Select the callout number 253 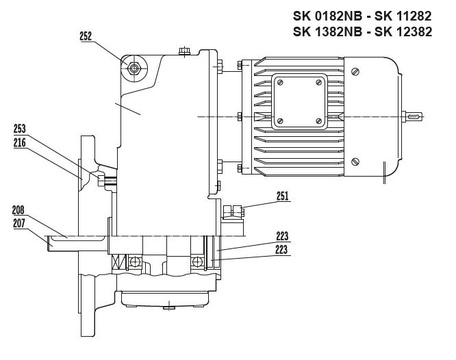click(x=19, y=128)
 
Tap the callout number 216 click(x=19, y=142)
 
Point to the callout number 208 click(x=19, y=210)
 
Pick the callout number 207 click(x=19, y=223)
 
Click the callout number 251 click(x=282, y=196)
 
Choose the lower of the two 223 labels click(x=282, y=250)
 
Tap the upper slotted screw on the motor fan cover click(x=355, y=72)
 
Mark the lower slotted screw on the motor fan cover click(x=355, y=162)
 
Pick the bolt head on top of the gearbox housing click(x=183, y=51)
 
